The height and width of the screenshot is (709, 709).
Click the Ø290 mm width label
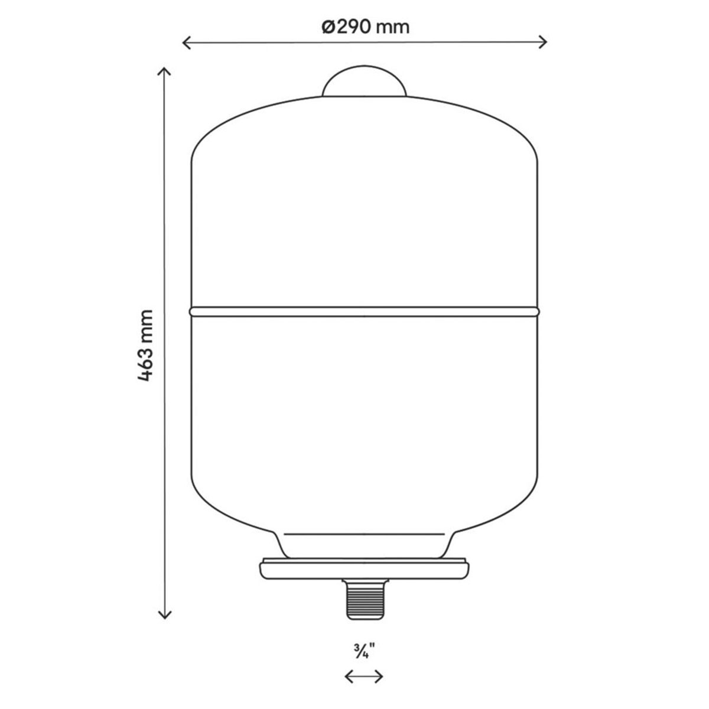click(366, 27)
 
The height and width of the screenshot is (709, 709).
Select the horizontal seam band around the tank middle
click(365, 310)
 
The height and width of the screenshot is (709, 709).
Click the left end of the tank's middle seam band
click(191, 310)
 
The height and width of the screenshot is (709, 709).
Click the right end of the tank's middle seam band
click(537, 310)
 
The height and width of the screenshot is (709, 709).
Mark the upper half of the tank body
click(365, 207)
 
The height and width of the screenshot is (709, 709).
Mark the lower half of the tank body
click(365, 414)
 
